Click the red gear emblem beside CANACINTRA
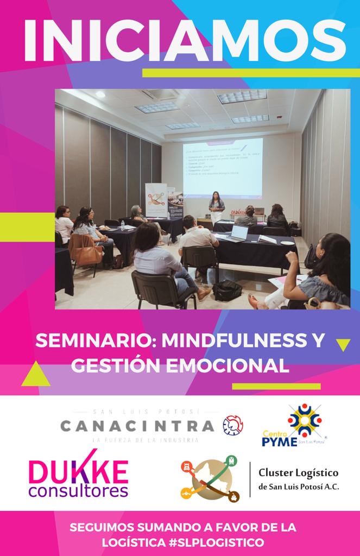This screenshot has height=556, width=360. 233,425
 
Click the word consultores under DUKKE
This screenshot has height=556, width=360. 78,491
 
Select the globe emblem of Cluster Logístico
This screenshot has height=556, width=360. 211,478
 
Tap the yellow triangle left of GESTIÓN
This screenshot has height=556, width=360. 36,375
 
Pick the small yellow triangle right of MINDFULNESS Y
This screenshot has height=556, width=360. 343,344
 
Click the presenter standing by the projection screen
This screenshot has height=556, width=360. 216,208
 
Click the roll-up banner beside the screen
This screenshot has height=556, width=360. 156,201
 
